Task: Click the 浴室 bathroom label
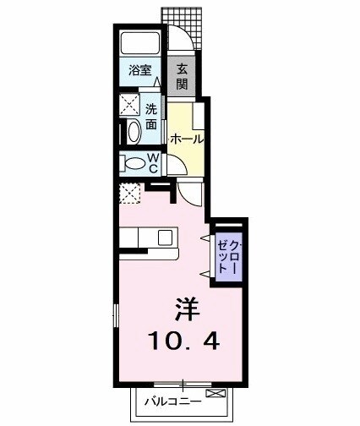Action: tap(139, 72)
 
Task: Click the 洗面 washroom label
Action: tap(151, 117)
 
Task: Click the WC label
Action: tap(154, 162)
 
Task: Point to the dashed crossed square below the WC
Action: tap(130, 194)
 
